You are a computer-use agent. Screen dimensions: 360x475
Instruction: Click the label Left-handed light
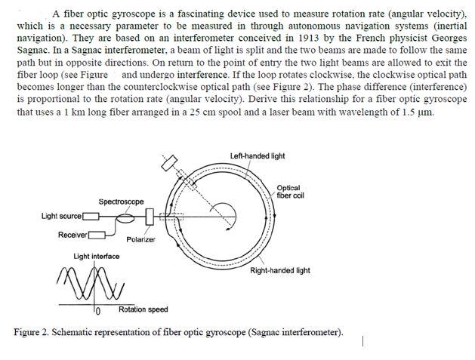click(x=258, y=156)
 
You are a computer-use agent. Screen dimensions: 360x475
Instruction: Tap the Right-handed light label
click(x=279, y=270)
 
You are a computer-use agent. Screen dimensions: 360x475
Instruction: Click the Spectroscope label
click(x=121, y=202)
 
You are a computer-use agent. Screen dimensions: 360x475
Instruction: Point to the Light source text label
click(x=61, y=217)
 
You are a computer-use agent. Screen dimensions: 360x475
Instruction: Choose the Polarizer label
click(x=140, y=239)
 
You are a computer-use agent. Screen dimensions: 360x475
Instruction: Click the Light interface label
click(x=96, y=257)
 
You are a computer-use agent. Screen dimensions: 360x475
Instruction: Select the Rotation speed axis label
click(x=143, y=309)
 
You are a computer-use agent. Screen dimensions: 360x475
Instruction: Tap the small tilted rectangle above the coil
click(x=168, y=164)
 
